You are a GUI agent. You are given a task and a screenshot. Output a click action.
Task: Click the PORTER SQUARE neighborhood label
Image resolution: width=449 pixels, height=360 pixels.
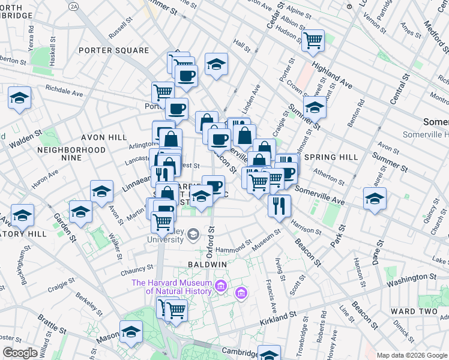coord(113,50)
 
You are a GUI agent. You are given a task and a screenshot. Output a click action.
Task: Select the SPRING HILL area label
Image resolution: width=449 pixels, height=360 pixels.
coord(331,157)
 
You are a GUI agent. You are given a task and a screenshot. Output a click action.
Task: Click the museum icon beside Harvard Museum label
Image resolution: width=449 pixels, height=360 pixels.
coord(221,286)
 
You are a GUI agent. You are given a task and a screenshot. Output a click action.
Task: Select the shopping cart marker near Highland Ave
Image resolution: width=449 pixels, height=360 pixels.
coord(313,40)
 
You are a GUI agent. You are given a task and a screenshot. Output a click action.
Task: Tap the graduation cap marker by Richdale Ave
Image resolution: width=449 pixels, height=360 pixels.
coord(20,97)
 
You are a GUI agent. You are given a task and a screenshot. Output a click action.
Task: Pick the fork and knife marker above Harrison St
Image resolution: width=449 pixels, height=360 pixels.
coord(279,205)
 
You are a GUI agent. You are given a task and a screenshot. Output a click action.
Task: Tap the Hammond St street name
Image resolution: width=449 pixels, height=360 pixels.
coord(234,246)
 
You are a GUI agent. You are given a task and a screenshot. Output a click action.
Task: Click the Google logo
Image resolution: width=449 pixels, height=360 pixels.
coord(20,353)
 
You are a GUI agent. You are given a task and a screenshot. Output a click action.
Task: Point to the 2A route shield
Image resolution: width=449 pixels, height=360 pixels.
coord(73,5)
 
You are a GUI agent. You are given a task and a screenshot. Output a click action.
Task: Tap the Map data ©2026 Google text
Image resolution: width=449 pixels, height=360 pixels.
coord(412,355)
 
